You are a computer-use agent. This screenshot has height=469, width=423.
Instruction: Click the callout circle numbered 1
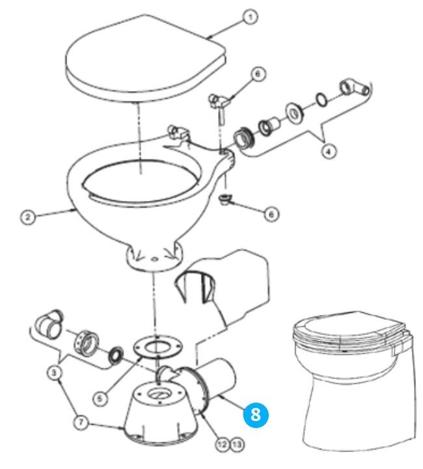tap(251, 18)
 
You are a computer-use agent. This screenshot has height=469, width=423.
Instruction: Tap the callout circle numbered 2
tap(28, 217)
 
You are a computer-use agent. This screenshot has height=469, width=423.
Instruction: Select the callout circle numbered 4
tap(329, 152)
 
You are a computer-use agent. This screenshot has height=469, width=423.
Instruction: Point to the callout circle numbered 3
tap(54, 373)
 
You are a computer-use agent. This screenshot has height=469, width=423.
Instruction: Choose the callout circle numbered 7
tap(81, 423)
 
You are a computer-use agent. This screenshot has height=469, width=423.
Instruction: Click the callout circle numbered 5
tap(100, 398)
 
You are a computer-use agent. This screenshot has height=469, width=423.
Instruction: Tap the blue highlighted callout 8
tap(256, 415)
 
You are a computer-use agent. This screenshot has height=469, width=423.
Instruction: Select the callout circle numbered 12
tap(223, 444)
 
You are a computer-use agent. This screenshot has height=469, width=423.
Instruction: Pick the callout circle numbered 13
tap(236, 444)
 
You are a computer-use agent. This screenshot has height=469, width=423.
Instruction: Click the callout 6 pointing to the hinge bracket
tap(258, 74)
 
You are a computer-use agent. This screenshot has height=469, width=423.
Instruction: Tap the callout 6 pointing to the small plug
tap(271, 214)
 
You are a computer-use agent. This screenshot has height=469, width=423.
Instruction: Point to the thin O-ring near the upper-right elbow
tap(321, 100)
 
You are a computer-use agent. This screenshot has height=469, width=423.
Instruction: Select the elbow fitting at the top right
tap(355, 88)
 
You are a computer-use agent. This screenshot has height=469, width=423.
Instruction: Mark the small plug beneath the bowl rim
tap(224, 200)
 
